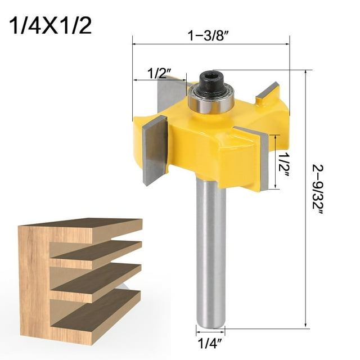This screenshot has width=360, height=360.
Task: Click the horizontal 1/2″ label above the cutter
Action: click(158, 73)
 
